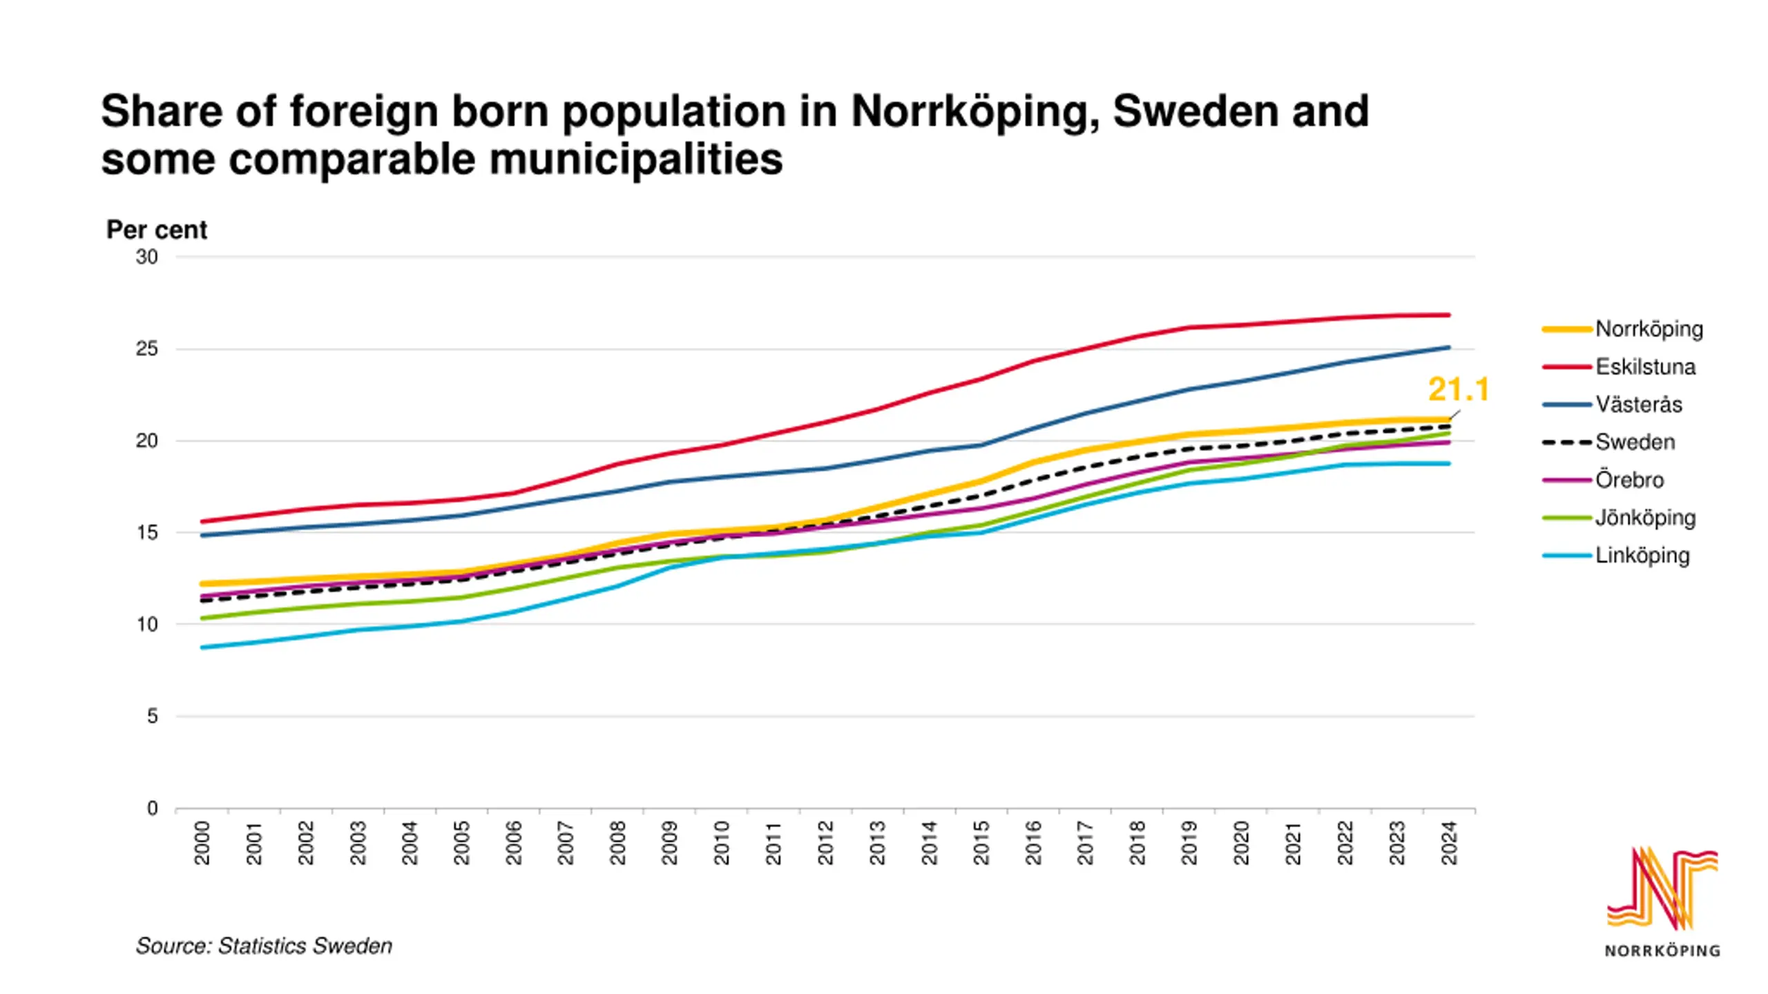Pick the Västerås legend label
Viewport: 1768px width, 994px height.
(x=1638, y=405)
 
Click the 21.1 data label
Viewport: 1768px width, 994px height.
(x=1458, y=390)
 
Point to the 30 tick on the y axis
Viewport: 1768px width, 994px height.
(x=147, y=257)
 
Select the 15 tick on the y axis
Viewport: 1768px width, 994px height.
(x=147, y=533)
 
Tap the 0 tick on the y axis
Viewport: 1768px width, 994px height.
(x=153, y=808)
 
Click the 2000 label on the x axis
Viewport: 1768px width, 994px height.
(x=202, y=843)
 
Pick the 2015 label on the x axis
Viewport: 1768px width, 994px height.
(x=981, y=843)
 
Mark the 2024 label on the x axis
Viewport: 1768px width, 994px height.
(x=1449, y=843)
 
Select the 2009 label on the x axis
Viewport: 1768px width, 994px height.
(x=670, y=843)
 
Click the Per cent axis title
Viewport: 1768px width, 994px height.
(x=156, y=230)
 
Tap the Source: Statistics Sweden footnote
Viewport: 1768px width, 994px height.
(x=264, y=946)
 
